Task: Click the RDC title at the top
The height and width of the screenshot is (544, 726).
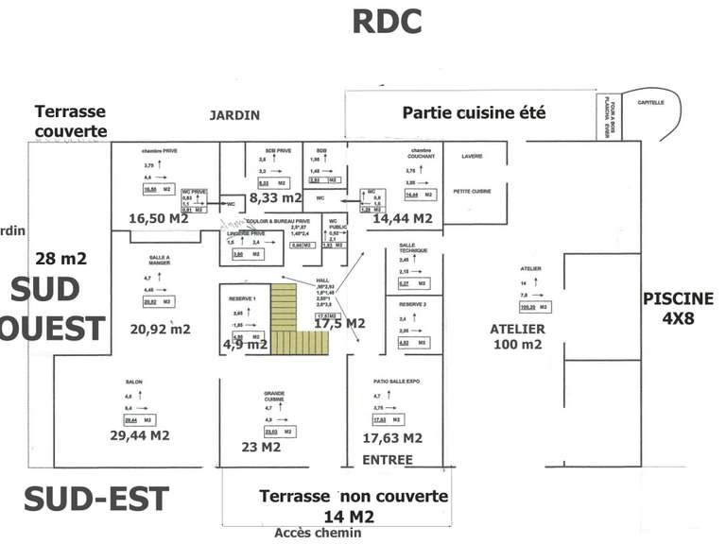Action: (386, 21)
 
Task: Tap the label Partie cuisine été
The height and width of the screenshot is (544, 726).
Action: (474, 112)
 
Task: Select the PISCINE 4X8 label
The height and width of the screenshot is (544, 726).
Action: (678, 309)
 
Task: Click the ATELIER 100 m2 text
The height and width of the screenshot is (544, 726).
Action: (517, 336)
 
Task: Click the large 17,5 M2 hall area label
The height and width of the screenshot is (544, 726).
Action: (339, 323)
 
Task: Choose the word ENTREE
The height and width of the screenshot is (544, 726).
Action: (389, 460)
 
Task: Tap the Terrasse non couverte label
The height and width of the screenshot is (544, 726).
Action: (353, 497)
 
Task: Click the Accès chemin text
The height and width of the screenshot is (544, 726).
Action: (318, 534)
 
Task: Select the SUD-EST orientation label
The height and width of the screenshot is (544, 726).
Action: (96, 500)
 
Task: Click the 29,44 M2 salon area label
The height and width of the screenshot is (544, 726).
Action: (140, 435)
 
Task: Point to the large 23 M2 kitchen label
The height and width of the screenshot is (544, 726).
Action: (261, 448)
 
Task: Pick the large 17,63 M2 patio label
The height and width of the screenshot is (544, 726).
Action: (392, 438)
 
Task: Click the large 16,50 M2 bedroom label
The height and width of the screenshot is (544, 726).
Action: (159, 218)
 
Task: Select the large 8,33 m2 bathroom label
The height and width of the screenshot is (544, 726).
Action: (275, 198)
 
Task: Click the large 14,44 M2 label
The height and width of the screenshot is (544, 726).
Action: (403, 218)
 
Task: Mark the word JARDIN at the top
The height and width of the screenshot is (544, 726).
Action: (233, 115)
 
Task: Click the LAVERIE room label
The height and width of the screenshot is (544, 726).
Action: (472, 157)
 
